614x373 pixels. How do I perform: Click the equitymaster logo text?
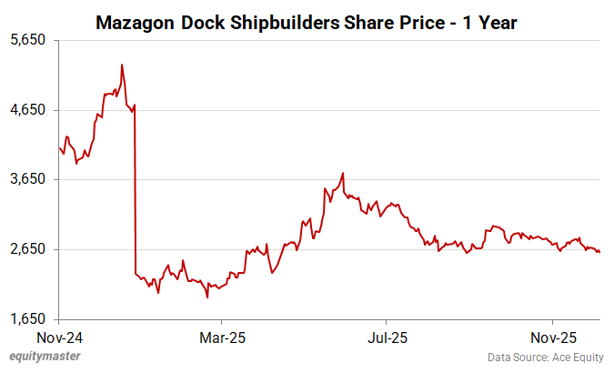[x=41, y=357]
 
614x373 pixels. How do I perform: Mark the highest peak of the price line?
[x=122, y=66]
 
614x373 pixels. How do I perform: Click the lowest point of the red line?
[x=207, y=297]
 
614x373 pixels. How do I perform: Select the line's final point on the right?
[x=599, y=252]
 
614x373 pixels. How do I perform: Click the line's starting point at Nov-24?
[x=59, y=147]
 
